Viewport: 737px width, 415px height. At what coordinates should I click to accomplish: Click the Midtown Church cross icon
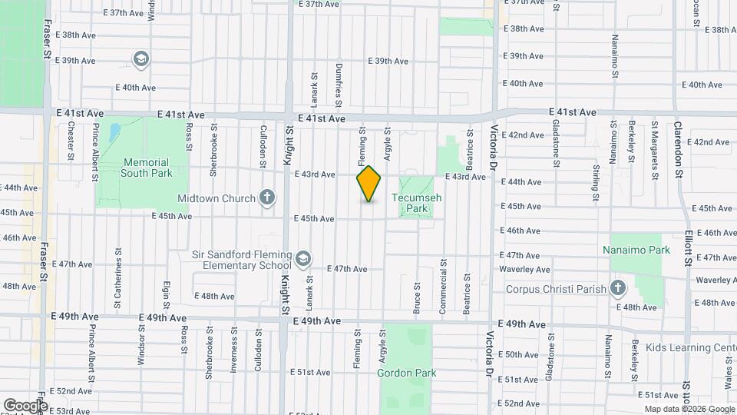[267, 198]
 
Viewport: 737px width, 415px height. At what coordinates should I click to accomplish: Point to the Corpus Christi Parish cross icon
[619, 290]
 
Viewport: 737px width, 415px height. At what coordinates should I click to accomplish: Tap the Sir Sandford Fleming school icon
[304, 260]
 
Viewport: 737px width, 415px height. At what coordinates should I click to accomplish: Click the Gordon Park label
[406, 373]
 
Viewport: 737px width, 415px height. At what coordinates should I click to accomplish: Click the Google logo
[25, 406]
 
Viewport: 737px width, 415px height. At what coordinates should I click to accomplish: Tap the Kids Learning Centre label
[692, 348]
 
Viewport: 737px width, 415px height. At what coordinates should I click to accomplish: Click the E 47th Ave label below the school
[346, 269]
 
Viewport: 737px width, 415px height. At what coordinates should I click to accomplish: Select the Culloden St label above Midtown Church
[263, 146]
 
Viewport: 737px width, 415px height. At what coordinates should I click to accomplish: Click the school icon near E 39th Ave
[140, 59]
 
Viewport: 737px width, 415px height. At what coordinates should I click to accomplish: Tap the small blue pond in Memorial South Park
[114, 133]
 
